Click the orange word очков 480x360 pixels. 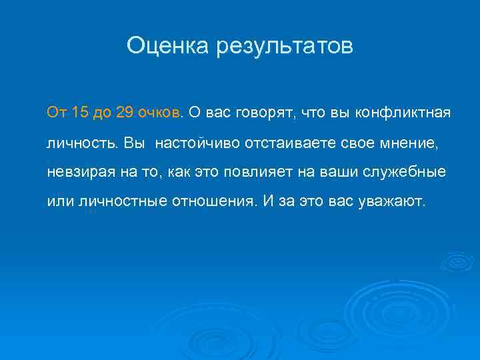(160, 112)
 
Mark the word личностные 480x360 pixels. (111, 201)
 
